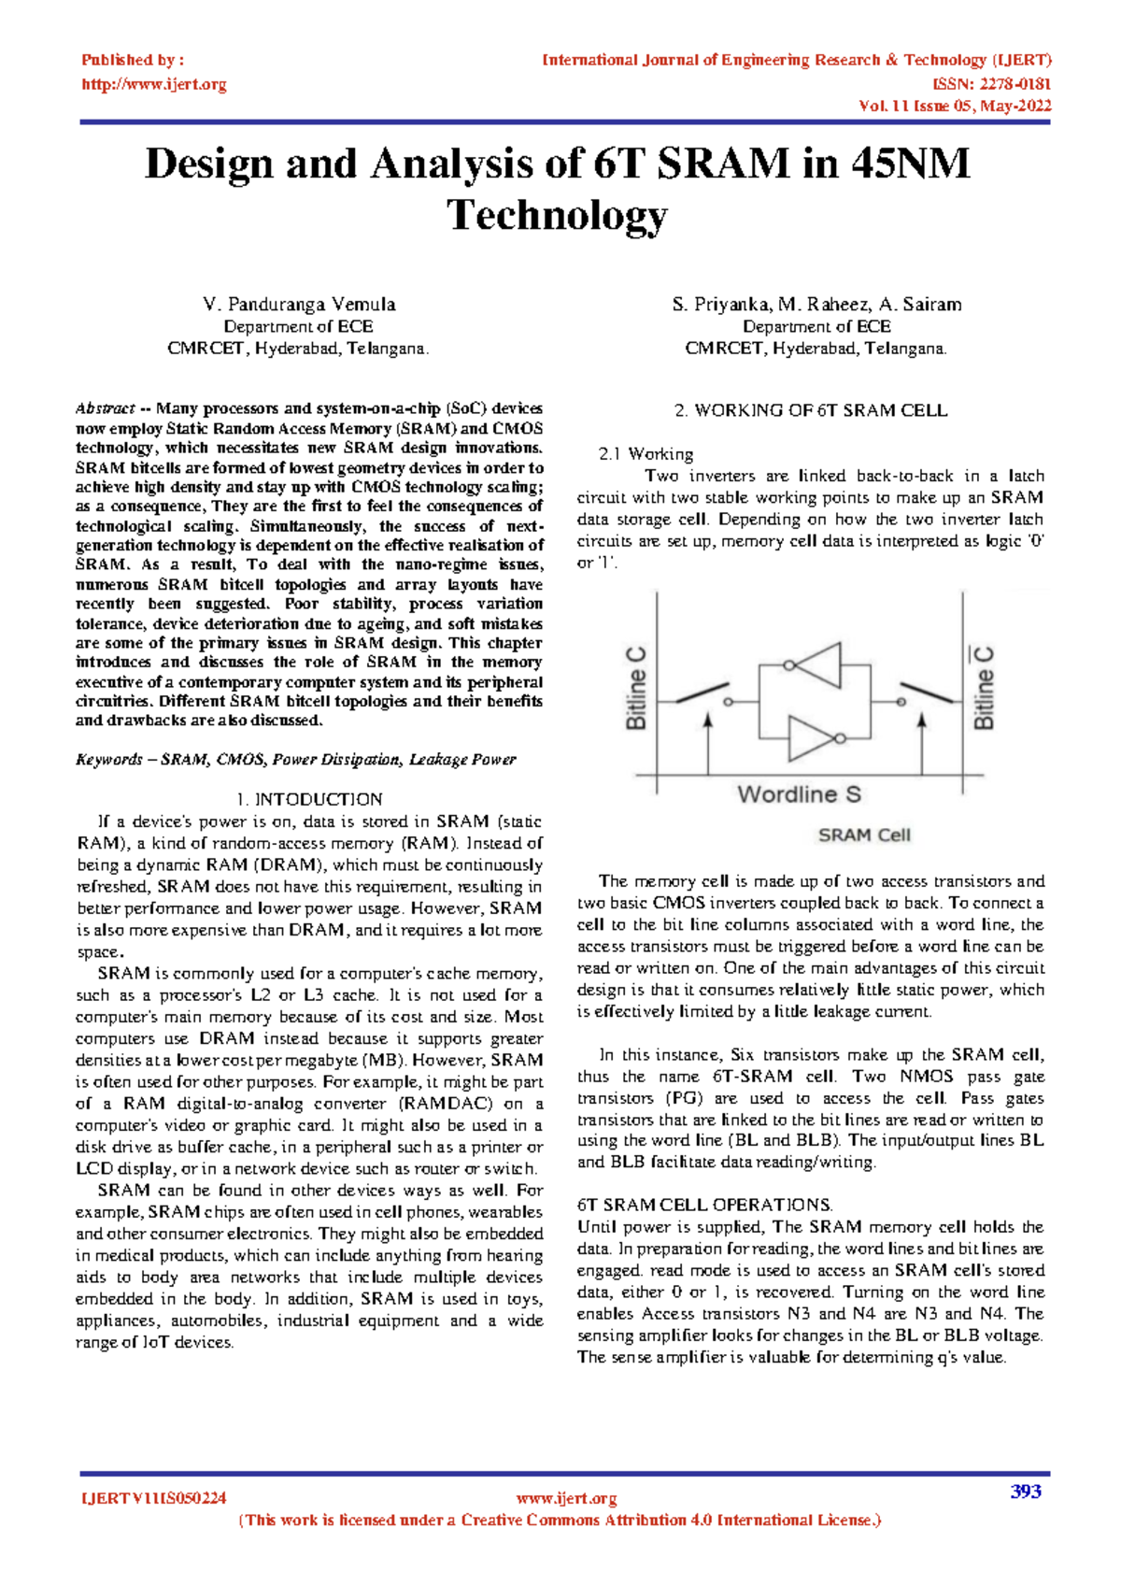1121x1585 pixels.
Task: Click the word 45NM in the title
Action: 910,164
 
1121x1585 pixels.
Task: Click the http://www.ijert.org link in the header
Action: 154,84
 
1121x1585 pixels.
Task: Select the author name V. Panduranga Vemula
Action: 299,305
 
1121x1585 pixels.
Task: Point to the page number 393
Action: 1026,1492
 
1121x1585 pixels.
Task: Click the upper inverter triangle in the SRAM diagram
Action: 819,664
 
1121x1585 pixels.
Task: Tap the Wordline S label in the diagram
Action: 799,794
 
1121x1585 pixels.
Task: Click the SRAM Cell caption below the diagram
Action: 864,835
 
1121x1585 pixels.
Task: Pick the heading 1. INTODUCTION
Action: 309,799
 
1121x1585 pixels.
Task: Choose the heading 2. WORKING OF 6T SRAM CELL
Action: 810,410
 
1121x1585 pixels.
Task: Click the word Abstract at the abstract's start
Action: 105,408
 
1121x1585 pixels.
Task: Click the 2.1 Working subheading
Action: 646,454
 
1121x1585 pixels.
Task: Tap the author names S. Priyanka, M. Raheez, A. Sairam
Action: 816,305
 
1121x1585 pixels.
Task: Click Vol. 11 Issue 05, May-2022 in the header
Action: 955,106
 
